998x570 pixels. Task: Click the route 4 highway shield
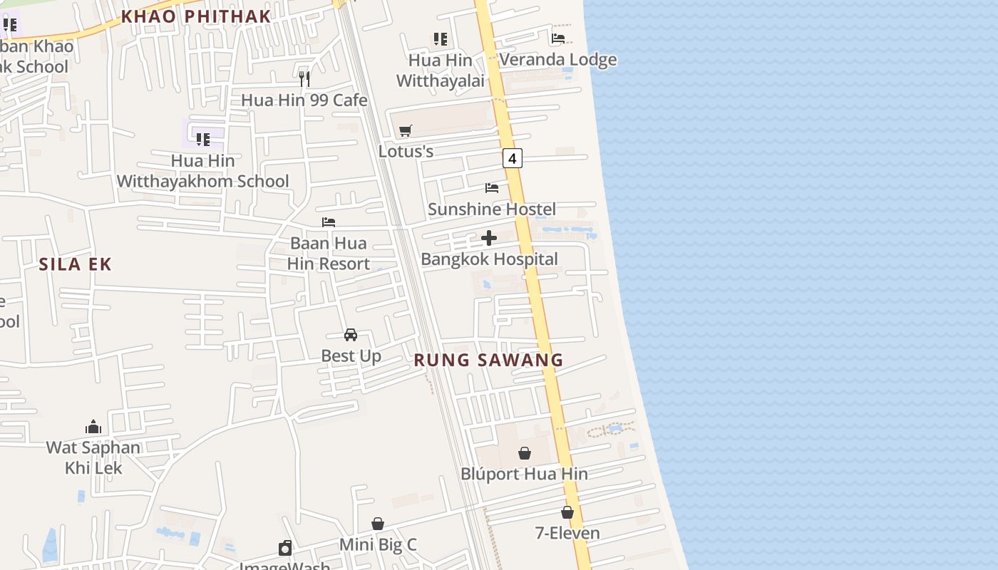pos(512,157)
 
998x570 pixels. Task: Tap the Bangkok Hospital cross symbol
pos(489,238)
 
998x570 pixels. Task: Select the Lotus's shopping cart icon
pos(406,130)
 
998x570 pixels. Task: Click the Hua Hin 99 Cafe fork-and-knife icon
pos(304,79)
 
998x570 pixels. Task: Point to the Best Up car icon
pos(351,334)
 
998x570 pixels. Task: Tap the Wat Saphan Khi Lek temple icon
pos(93,427)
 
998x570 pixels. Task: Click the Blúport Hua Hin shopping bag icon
pos(525,453)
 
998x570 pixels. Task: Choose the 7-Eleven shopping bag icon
pos(567,512)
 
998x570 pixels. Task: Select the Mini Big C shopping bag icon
pos(378,524)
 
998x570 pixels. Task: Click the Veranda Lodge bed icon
pos(558,38)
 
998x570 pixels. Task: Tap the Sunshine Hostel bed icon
pos(492,188)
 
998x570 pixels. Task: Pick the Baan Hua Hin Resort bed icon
pos(329,222)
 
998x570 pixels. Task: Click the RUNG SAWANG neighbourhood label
pos(488,360)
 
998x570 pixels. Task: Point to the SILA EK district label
pos(76,264)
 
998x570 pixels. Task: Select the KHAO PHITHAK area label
pos(196,16)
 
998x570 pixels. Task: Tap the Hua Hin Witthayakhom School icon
pos(203,139)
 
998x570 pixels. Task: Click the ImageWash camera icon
pos(285,547)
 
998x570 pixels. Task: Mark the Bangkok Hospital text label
pos(489,259)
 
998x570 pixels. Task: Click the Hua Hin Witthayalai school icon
pos(441,39)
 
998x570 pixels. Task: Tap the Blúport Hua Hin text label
pos(524,474)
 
